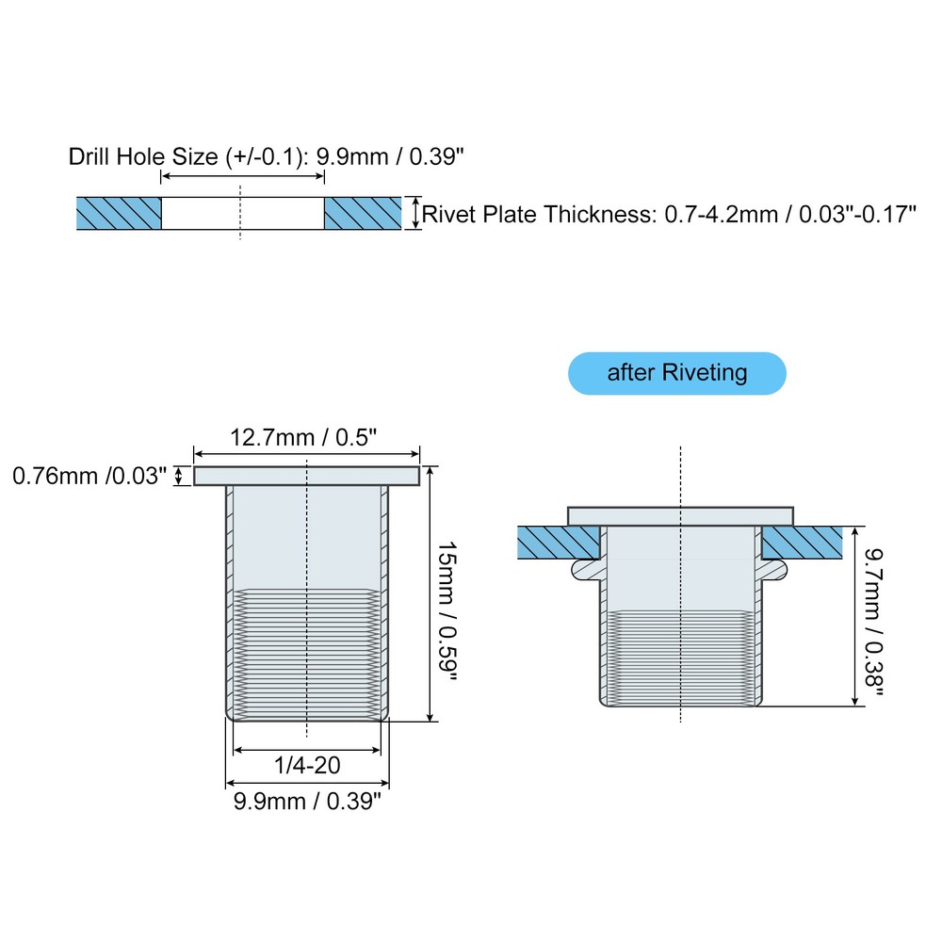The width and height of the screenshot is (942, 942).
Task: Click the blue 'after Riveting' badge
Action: coord(676,373)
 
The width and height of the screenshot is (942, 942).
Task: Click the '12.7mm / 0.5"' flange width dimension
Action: coord(305,438)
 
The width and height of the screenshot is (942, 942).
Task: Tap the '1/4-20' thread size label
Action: coord(308,767)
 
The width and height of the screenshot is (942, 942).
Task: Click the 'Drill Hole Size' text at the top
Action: coord(141,156)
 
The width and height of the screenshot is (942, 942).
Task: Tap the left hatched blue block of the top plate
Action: coord(120,214)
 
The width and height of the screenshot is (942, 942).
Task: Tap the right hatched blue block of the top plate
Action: coord(363,214)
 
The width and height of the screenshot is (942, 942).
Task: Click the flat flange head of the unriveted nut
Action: coord(306,476)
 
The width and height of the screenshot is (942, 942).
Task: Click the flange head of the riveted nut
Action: coord(680,515)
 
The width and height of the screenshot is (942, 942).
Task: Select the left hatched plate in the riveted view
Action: coord(559,542)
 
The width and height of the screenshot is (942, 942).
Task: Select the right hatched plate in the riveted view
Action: coord(802,542)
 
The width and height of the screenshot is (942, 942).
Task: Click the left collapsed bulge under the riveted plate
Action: coord(585,568)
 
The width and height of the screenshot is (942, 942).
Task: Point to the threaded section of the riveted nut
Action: coord(680,659)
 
